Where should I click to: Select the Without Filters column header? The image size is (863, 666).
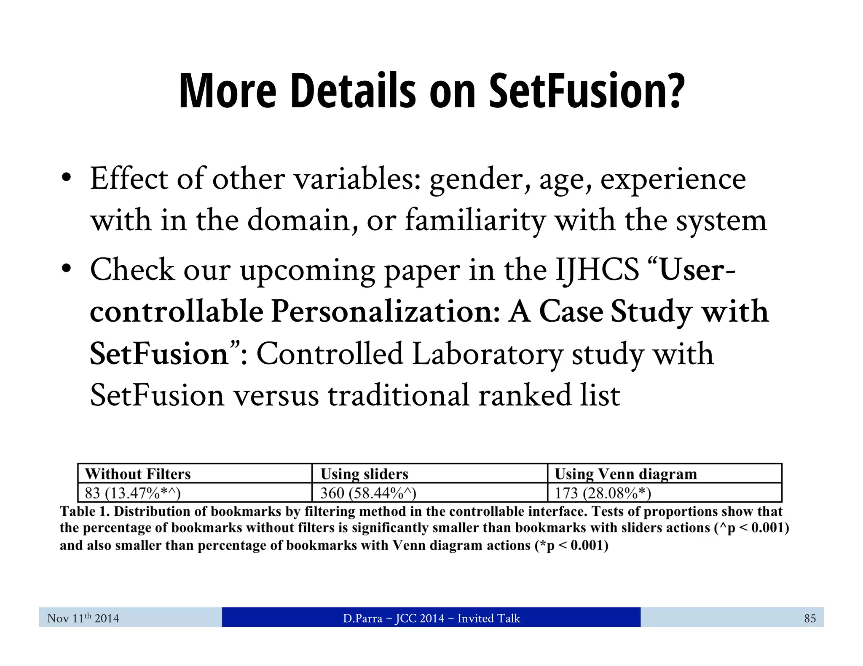pos(138,474)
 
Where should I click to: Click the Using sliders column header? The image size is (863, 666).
pos(364,474)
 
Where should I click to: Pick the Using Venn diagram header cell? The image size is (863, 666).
pos(625,474)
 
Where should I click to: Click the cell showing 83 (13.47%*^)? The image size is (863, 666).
pos(133,493)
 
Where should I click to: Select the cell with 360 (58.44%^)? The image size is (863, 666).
pos(368,493)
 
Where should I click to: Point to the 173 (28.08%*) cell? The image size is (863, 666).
pos(603,493)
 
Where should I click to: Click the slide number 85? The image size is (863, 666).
pos(809,618)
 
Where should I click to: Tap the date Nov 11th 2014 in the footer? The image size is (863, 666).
pos(83,618)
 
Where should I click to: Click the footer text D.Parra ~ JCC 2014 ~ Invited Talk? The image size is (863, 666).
pos(431,618)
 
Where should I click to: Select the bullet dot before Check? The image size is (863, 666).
pos(66,269)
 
